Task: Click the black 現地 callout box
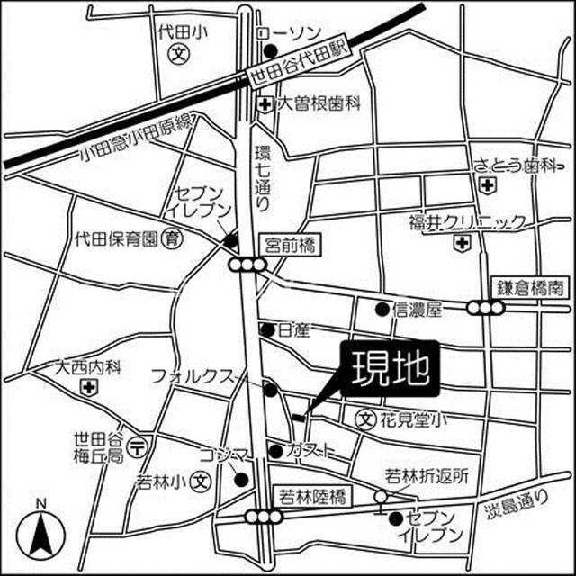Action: coord(388,368)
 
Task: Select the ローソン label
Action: coord(289,32)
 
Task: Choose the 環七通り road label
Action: coord(263,176)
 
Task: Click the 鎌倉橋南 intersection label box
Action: coord(532,289)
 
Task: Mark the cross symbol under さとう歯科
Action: coord(487,185)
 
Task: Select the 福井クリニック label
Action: coord(466,221)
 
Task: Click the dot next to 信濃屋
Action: coord(382,310)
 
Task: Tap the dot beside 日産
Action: coord(266,329)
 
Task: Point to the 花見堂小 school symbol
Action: coord(364,418)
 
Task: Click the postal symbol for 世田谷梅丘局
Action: coord(139,445)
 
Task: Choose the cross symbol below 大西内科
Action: coord(88,388)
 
